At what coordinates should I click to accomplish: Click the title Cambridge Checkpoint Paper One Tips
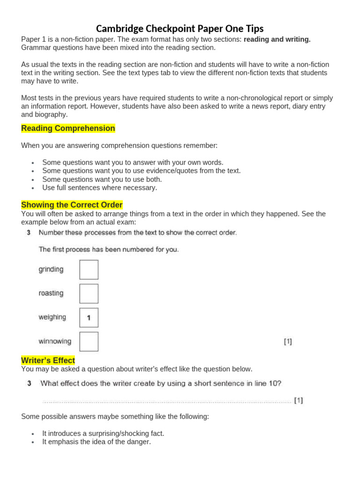coord(180,29)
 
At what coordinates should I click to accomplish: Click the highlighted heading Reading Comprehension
coord(68,128)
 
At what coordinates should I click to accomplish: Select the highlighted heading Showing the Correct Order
coord(72,205)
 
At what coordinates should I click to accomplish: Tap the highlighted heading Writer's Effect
coord(48,360)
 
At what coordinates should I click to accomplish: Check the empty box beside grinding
coord(89,270)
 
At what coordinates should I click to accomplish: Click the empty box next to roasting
coord(89,294)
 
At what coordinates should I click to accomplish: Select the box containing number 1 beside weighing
coord(89,318)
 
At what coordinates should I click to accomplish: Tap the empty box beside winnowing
coord(89,342)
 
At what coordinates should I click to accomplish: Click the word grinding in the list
coord(51,270)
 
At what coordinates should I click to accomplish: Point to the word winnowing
coord(55,341)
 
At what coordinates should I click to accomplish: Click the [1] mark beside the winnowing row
coord(288,342)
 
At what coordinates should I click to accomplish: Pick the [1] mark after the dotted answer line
coord(298,400)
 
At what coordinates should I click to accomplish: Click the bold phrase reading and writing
coord(277,39)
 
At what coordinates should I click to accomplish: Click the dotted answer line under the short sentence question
coord(166,401)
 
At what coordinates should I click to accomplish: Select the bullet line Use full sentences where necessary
coord(99,188)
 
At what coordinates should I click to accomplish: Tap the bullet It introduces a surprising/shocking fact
coord(103,434)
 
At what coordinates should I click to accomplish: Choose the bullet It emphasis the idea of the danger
coord(97,442)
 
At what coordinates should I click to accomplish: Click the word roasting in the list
coord(51,293)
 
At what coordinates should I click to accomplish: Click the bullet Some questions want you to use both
coord(102,180)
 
